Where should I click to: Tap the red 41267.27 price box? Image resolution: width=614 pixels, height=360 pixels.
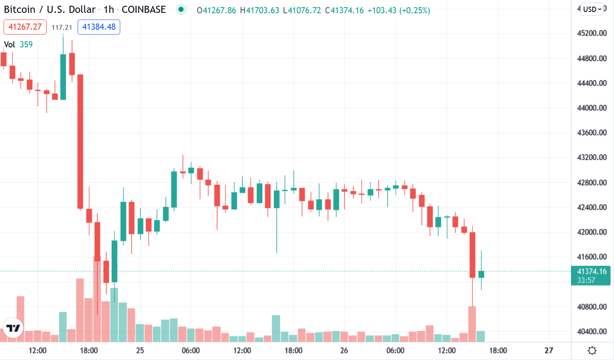[25, 27]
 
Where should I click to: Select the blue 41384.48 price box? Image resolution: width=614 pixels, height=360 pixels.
[99, 27]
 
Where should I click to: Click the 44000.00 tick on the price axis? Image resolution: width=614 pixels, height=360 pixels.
[590, 108]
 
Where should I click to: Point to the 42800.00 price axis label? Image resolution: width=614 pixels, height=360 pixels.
[590, 182]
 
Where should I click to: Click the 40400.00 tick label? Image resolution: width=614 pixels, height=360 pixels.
[590, 331]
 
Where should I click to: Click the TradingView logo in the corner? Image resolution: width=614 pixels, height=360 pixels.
[13, 329]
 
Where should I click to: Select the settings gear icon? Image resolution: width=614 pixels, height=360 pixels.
[592, 351]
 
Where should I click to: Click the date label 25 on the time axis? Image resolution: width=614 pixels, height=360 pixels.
[140, 351]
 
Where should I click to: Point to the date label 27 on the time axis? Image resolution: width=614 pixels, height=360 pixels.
[549, 351]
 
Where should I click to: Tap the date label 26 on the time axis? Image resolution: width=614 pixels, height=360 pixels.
[344, 351]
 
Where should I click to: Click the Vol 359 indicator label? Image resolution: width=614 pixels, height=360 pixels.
[18, 44]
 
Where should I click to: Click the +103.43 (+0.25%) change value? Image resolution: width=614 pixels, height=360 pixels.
[399, 10]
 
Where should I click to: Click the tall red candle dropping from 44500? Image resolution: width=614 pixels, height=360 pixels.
[80, 141]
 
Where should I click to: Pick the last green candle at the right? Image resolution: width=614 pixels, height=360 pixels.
[481, 274]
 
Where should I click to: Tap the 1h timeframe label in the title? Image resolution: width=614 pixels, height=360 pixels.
[108, 9]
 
